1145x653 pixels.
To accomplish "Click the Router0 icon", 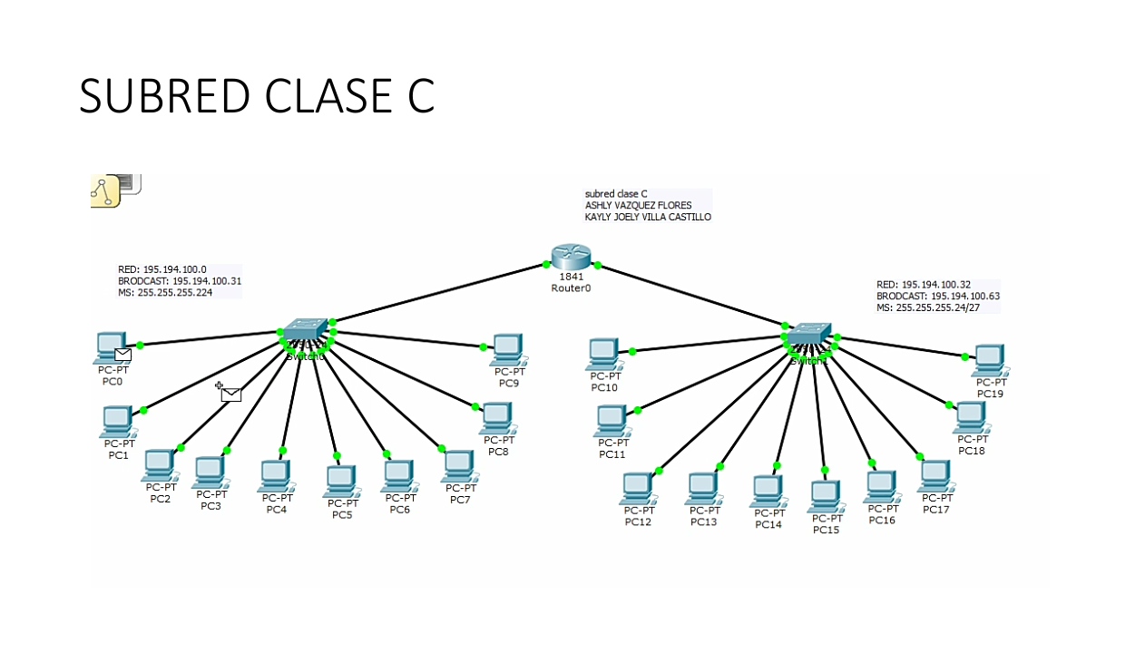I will pyautogui.click(x=571, y=258).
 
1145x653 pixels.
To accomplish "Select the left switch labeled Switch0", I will pyautogui.click(x=305, y=332).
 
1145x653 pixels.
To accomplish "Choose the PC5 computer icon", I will pyautogui.click(x=340, y=481).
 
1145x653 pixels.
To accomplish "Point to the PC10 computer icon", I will pyautogui.click(x=603, y=354).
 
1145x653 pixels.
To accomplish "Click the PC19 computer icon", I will pyautogui.click(x=988, y=360).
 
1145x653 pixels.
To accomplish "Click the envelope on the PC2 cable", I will pyautogui.click(x=231, y=394).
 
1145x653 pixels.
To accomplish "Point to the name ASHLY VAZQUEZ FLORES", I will pyautogui.click(x=638, y=206).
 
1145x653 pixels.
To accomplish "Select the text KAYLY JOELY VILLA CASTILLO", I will pyautogui.click(x=648, y=218).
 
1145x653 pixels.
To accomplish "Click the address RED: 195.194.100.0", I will pyautogui.click(x=162, y=269).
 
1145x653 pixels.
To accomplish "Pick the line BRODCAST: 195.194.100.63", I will pyautogui.click(x=937, y=297).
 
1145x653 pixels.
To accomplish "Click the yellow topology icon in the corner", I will pyautogui.click(x=105, y=191).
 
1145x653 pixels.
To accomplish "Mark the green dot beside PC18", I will pyautogui.click(x=950, y=405).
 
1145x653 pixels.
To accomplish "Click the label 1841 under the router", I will pyautogui.click(x=572, y=277).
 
